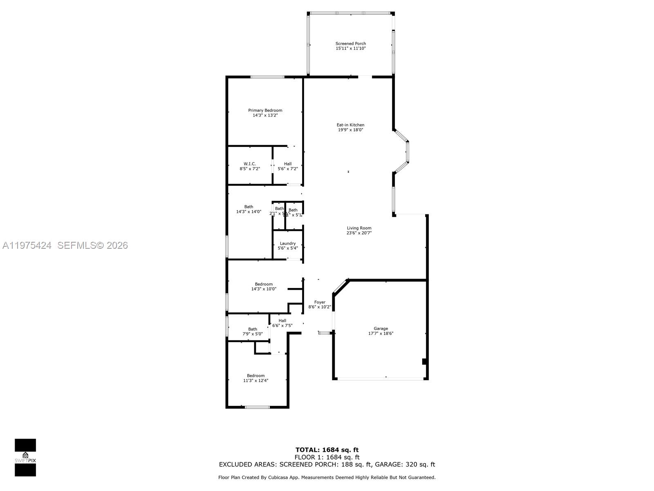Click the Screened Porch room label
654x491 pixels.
click(350, 43)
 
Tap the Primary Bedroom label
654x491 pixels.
click(265, 110)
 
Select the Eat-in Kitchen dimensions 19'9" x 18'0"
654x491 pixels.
click(350, 130)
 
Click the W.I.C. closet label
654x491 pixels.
click(249, 164)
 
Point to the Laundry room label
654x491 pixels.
click(288, 243)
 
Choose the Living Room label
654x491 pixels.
click(359, 228)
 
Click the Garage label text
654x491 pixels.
click(381, 329)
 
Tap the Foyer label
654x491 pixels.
click(320, 302)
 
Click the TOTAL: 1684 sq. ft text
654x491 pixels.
click(327, 450)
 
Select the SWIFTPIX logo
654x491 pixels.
click(25, 457)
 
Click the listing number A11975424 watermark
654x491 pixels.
click(27, 245)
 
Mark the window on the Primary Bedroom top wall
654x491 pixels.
click(267, 77)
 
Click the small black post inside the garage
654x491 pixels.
click(424, 362)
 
